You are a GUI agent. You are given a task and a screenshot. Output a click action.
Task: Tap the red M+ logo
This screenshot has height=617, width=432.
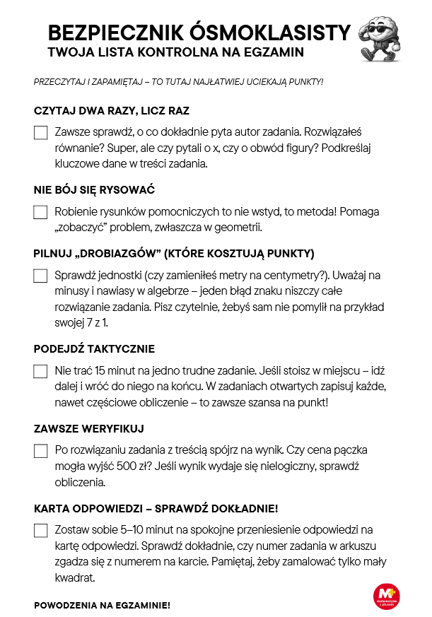point(387,597)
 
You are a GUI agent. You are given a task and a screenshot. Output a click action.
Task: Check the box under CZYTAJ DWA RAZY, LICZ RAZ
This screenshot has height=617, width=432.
point(40,132)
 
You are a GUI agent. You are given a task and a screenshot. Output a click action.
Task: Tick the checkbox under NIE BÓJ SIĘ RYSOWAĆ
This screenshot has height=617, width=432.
point(40,212)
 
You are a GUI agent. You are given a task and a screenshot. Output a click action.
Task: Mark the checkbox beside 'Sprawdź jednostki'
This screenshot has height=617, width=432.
point(40,276)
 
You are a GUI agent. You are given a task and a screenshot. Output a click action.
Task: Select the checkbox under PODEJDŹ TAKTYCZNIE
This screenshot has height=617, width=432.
point(40,371)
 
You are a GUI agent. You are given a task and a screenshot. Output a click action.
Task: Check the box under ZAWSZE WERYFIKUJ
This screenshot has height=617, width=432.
point(40,451)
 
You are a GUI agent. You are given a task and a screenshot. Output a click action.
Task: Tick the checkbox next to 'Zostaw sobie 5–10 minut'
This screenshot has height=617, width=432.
point(40,531)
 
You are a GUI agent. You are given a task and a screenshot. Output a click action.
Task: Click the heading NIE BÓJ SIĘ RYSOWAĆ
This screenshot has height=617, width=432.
point(94,191)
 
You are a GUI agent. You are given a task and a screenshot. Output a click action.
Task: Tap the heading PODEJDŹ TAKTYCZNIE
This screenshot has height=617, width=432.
point(94,350)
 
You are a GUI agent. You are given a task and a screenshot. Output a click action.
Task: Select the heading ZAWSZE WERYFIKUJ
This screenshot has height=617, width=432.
point(89,429)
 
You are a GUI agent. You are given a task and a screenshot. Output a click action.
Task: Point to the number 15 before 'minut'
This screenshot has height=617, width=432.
point(101,370)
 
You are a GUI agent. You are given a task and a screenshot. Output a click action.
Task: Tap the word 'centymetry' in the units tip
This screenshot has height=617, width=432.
point(276,275)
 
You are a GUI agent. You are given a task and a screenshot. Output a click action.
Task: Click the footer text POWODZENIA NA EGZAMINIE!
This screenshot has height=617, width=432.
point(102,606)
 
